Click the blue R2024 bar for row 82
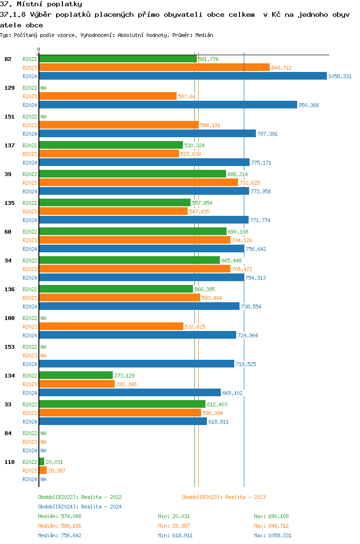(x=183, y=76)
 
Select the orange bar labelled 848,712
(x=154, y=68)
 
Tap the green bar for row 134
(x=76, y=375)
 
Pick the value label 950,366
(x=309, y=105)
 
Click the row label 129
(x=9, y=88)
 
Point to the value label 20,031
(x=55, y=462)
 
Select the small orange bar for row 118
(x=43, y=470)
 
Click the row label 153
(x=9, y=347)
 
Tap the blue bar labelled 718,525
(x=136, y=364)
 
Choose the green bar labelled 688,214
(x=132, y=174)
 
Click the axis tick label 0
(x=39, y=49)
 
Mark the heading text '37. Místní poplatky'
(x=41, y=4)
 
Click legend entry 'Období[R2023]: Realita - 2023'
(x=224, y=497)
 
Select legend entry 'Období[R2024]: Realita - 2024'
(x=80, y=507)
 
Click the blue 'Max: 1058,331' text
(x=273, y=535)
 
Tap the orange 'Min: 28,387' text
(x=175, y=526)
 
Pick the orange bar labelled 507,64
(x=108, y=96)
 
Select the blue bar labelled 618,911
(x=123, y=421)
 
